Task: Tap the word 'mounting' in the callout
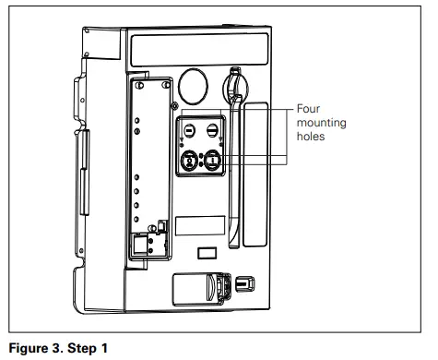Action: tap(319, 121)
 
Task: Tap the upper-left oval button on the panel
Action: tap(187, 131)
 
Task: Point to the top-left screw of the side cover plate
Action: tap(139, 85)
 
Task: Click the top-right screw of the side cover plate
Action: tap(163, 85)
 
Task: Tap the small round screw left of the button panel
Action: tap(175, 108)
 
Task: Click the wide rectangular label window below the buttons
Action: tap(201, 226)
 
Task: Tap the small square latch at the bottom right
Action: tap(243, 282)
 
